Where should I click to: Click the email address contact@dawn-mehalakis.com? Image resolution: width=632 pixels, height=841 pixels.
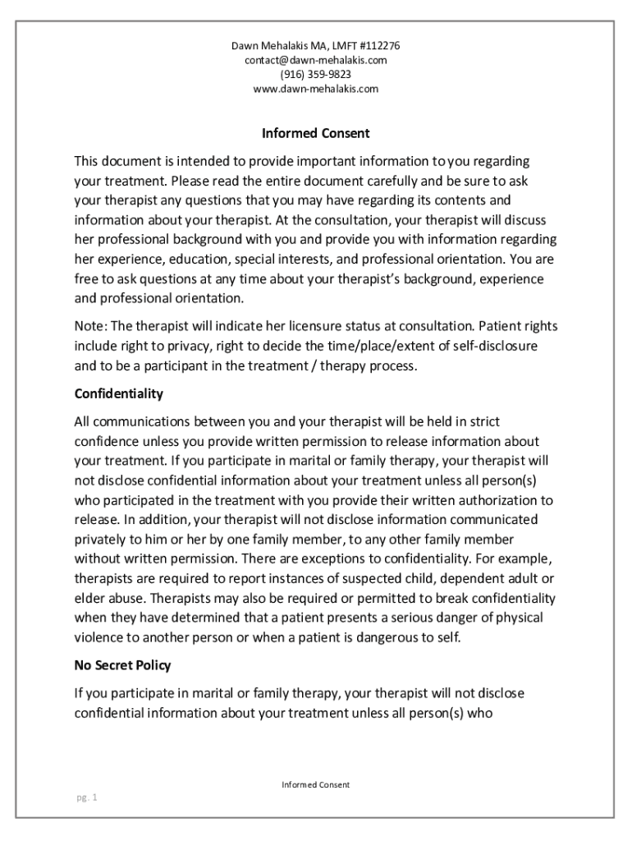pyautogui.click(x=315, y=60)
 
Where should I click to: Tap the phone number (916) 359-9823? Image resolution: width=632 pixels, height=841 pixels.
pyautogui.click(x=315, y=74)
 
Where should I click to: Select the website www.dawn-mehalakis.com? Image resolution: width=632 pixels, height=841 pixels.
pyautogui.click(x=315, y=89)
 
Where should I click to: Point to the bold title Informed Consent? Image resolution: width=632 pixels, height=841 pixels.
pyautogui.click(x=315, y=133)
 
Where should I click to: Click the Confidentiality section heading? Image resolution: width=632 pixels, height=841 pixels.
pyautogui.click(x=118, y=393)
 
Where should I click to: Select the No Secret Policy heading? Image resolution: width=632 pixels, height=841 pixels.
pyautogui.click(x=122, y=665)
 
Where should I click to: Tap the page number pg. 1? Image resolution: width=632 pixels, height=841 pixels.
pyautogui.click(x=84, y=797)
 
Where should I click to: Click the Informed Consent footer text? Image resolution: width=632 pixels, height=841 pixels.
pyautogui.click(x=315, y=784)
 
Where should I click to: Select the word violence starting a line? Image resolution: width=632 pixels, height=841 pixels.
pyautogui.click(x=98, y=637)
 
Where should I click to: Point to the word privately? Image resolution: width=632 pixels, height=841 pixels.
pyautogui.click(x=99, y=539)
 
